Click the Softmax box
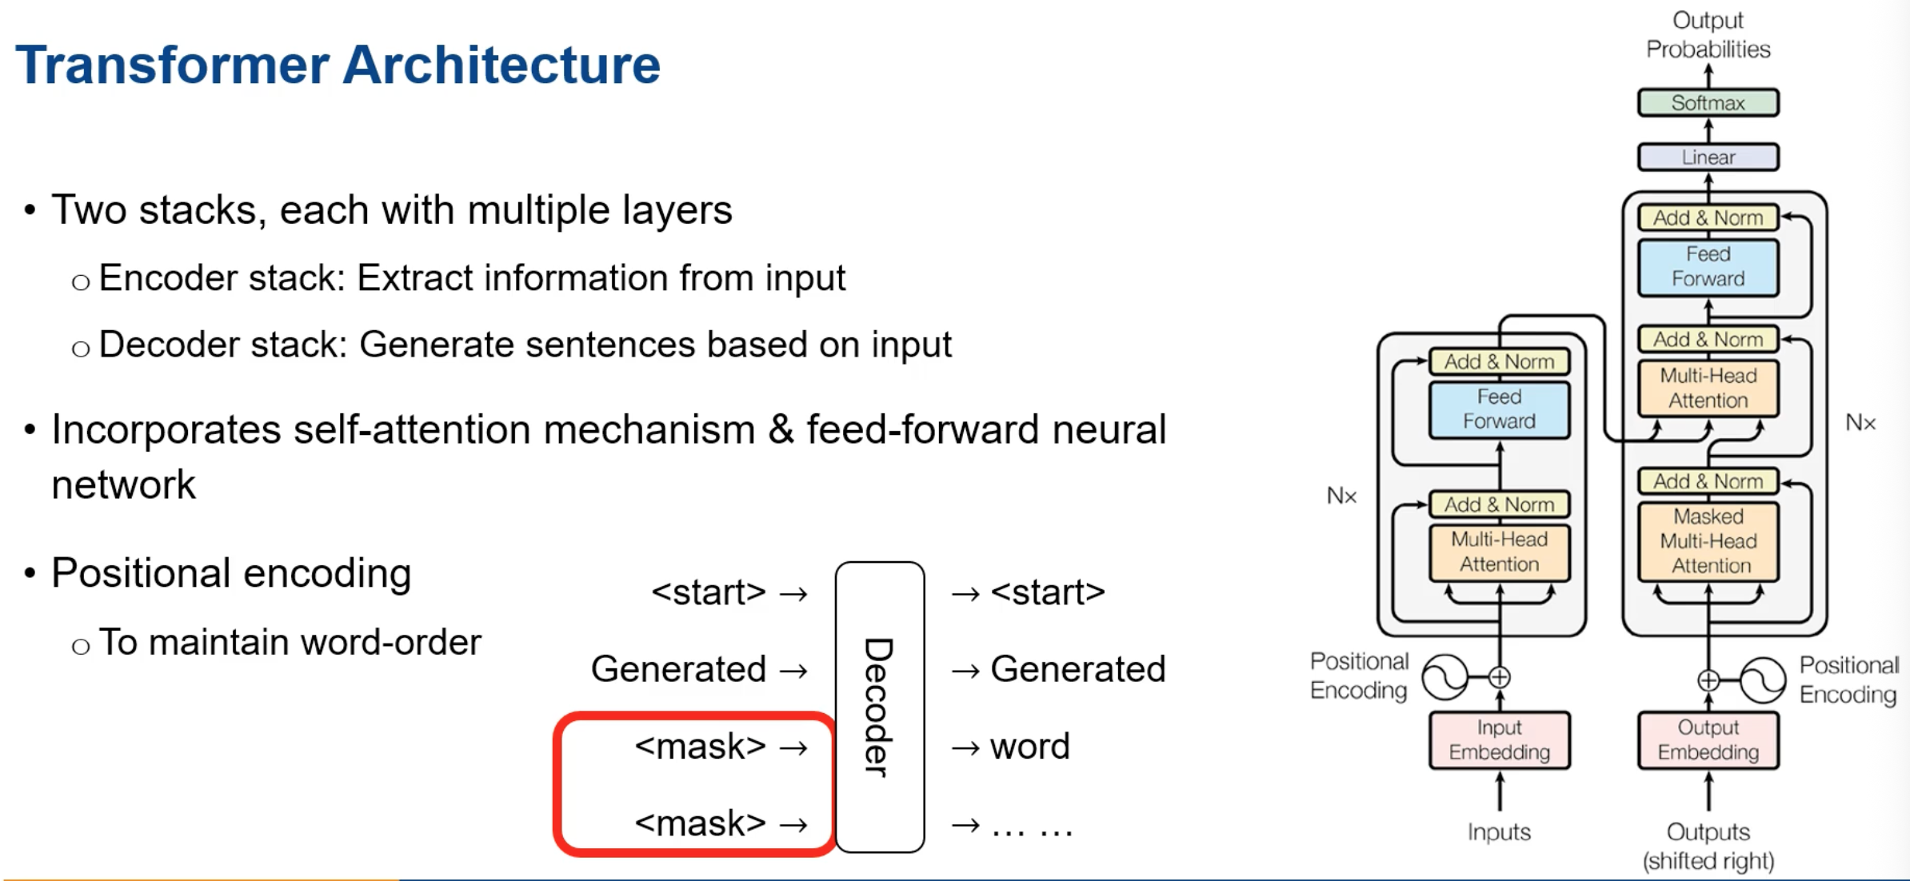tap(1708, 103)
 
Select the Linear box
tap(1708, 157)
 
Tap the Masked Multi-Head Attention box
tap(1708, 541)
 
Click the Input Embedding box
tap(1499, 739)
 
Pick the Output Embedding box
tap(1708, 739)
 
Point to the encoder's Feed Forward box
tap(1499, 409)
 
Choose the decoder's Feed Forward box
tap(1708, 267)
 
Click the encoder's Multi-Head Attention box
tap(1499, 552)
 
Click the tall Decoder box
tap(879, 707)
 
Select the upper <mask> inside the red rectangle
tap(700, 747)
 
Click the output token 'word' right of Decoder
tap(1029, 747)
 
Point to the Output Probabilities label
tap(1708, 35)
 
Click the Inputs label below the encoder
tap(1499, 832)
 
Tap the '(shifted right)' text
tap(1708, 861)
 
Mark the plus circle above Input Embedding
tap(1499, 677)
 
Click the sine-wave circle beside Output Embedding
tap(1763, 680)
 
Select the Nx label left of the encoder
tap(1341, 496)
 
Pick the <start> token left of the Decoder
tap(709, 592)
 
